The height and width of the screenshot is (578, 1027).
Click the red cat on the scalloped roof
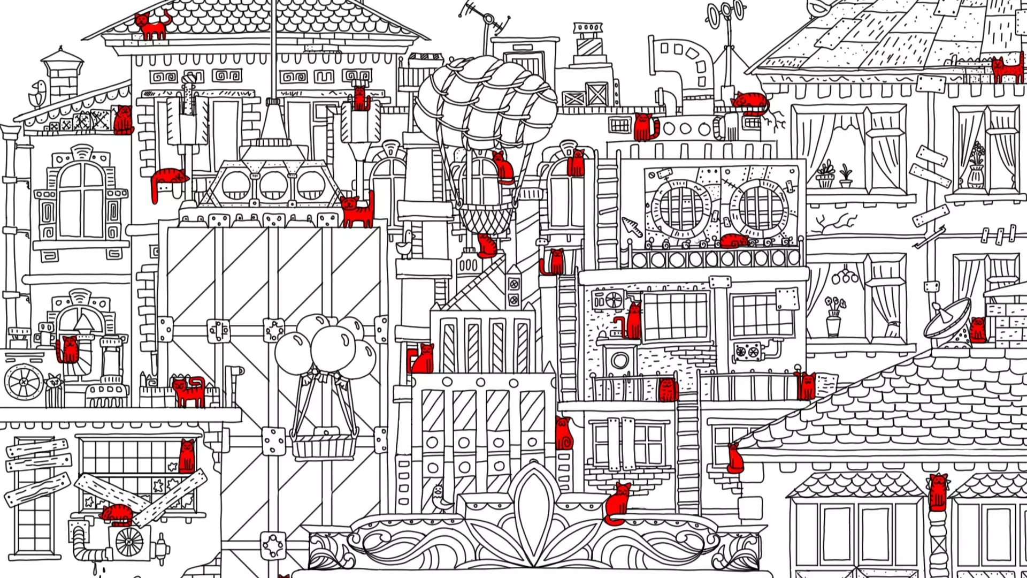151,26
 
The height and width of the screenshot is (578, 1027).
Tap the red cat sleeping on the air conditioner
117,515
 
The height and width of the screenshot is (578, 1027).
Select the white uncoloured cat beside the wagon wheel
53,383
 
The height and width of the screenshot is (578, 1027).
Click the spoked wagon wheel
24,382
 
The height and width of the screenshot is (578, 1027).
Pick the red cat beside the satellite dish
977,330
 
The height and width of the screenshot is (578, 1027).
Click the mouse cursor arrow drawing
632,227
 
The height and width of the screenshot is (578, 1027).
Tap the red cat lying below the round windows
734,241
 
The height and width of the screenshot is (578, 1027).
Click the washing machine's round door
620,360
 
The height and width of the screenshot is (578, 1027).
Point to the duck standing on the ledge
408,244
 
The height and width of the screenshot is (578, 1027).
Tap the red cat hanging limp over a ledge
167,180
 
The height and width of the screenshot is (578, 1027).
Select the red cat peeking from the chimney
360,98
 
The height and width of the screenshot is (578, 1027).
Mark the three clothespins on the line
998,234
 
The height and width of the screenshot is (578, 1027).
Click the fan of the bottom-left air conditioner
129,542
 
